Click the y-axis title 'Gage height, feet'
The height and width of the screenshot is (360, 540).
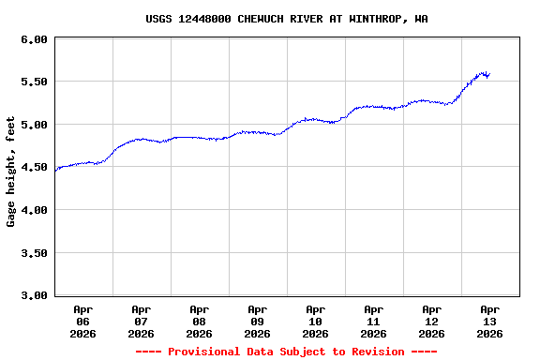11,172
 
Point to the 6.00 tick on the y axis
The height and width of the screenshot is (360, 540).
34,39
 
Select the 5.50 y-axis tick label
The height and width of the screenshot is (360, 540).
34,82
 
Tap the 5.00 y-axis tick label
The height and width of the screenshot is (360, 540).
34,125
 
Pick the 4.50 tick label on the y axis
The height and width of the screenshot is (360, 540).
34,168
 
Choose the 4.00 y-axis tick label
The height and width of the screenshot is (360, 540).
34,210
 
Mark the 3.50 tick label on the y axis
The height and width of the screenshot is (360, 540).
34,253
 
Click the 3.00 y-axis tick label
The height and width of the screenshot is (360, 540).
34,295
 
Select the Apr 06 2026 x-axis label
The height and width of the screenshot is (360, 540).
83,321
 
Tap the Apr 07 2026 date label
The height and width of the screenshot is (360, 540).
142,321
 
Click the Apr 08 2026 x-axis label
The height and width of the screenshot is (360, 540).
200,321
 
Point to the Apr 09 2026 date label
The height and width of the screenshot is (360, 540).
258,321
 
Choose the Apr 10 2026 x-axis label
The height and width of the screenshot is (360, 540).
316,321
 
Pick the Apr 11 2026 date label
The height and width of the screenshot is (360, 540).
374,321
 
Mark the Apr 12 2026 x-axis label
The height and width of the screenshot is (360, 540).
432,321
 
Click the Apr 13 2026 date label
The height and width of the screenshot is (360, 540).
490,321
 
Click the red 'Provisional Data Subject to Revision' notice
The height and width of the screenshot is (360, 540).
286,352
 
